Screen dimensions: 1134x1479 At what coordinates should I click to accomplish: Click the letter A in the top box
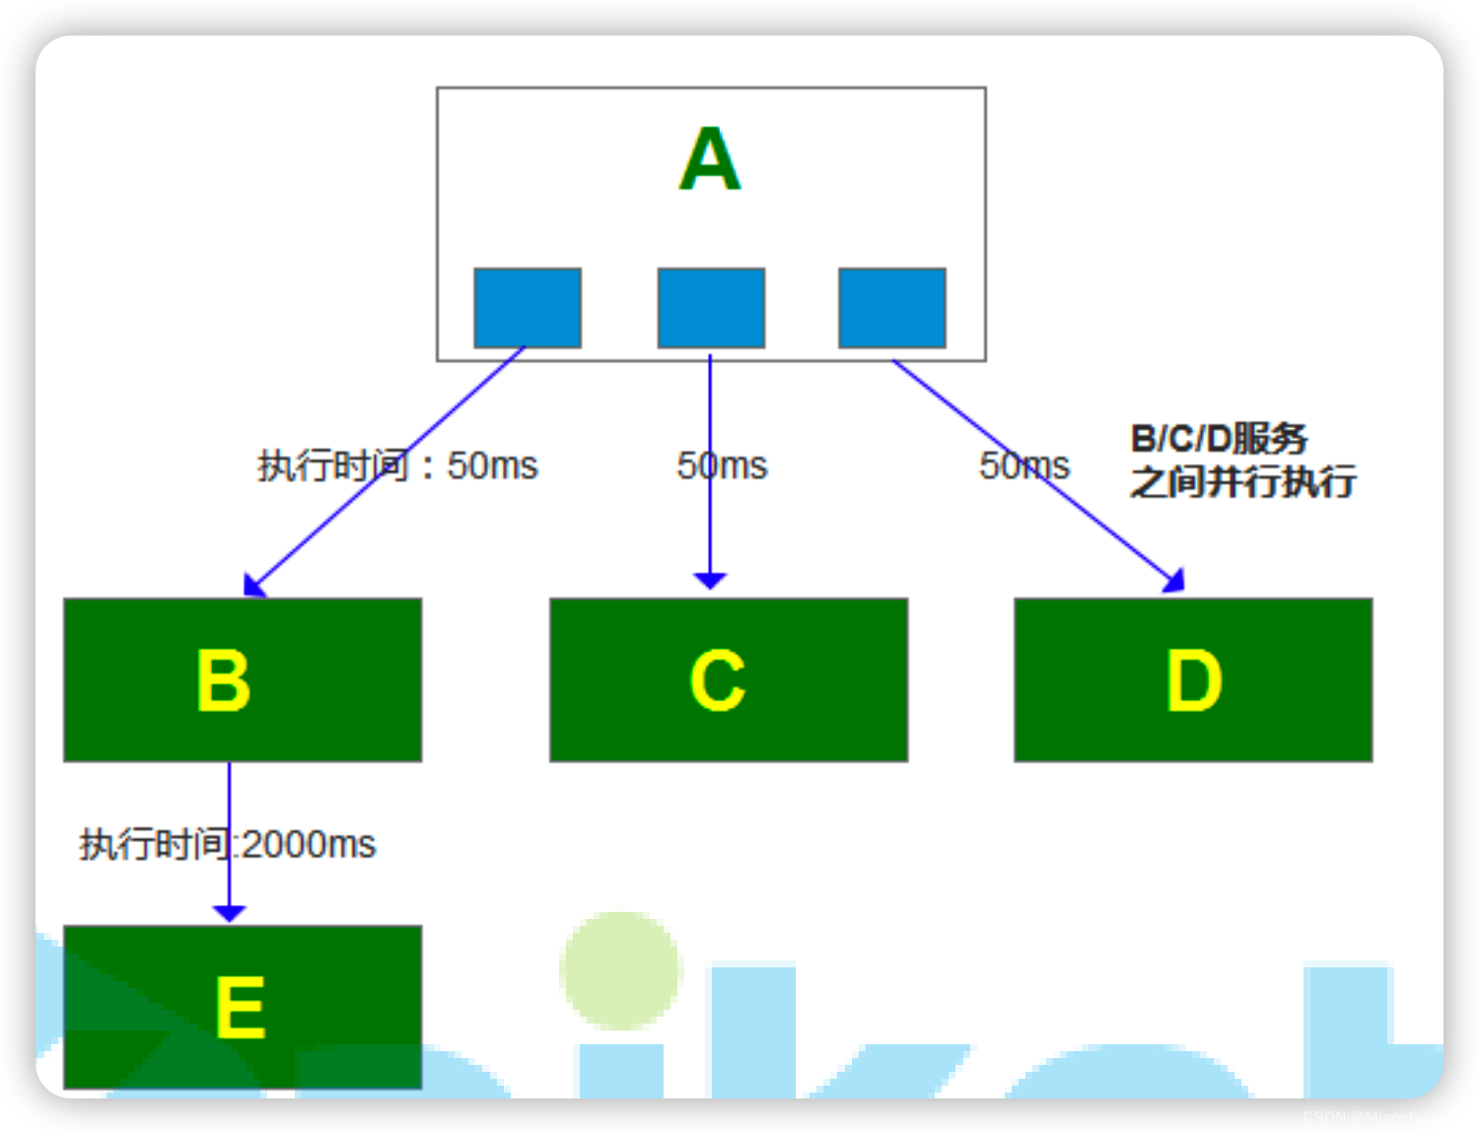point(710,159)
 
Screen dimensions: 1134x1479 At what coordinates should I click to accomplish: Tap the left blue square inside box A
point(528,308)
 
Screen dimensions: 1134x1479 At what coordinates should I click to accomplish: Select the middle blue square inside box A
point(711,308)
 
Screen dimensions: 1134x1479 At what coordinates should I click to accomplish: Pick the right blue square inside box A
point(892,308)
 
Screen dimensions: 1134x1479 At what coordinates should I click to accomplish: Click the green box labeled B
point(243,679)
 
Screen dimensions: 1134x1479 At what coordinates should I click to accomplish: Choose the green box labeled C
point(729,679)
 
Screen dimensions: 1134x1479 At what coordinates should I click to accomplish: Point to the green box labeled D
point(1193,679)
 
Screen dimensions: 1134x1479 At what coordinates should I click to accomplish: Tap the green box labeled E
point(243,1007)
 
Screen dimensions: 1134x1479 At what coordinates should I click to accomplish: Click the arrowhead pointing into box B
point(253,586)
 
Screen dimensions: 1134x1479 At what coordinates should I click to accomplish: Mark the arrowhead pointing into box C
point(710,580)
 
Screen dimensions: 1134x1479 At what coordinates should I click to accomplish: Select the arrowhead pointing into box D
point(1174,582)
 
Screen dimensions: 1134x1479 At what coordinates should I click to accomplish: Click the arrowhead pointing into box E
point(229,913)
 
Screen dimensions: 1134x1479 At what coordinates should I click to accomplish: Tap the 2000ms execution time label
point(228,844)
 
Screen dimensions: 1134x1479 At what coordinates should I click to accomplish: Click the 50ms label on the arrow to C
point(722,465)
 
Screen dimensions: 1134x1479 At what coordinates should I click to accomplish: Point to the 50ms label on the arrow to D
point(1023,465)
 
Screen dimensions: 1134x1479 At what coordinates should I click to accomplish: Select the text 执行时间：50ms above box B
point(397,465)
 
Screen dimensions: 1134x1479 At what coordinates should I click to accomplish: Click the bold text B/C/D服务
point(1219,439)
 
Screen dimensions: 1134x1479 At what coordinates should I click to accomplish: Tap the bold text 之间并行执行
point(1242,482)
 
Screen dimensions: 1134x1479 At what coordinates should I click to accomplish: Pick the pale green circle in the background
point(620,970)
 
